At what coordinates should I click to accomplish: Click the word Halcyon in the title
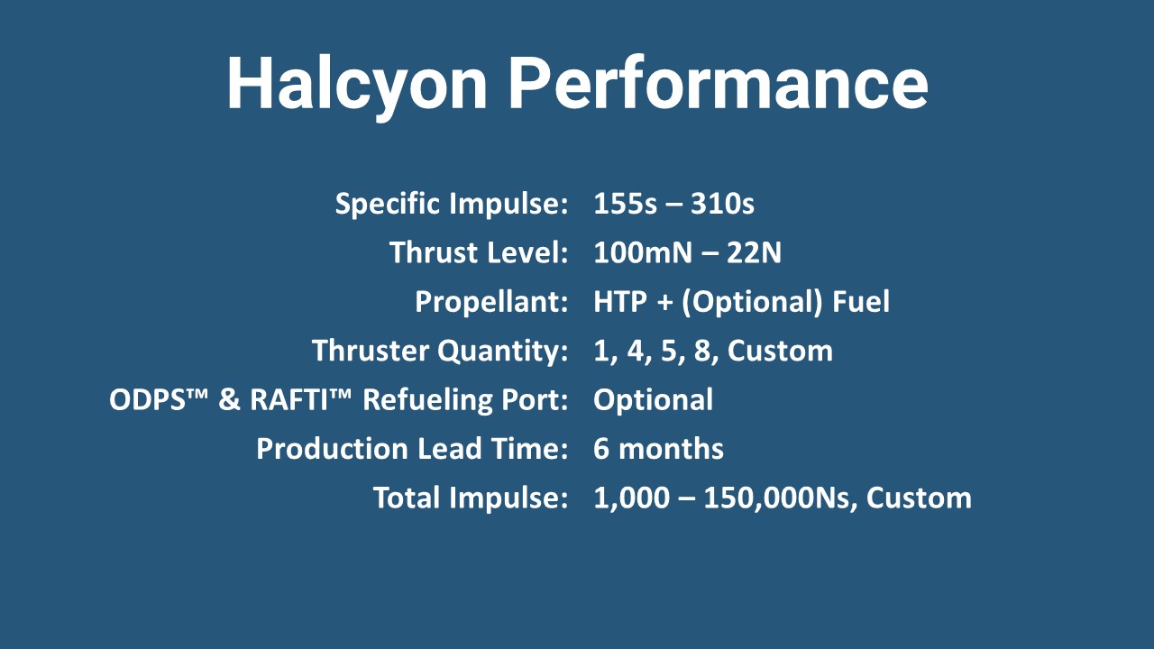tap(356, 84)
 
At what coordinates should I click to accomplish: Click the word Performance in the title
tap(718, 84)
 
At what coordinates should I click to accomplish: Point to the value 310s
tap(722, 204)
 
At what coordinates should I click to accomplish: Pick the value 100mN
tap(641, 252)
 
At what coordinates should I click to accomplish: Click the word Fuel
tap(860, 301)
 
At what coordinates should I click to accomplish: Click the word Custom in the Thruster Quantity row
tap(780, 350)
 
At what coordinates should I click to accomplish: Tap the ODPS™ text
tap(159, 398)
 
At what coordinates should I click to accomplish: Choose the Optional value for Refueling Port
tap(653, 398)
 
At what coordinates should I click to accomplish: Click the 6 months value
tap(658, 448)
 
